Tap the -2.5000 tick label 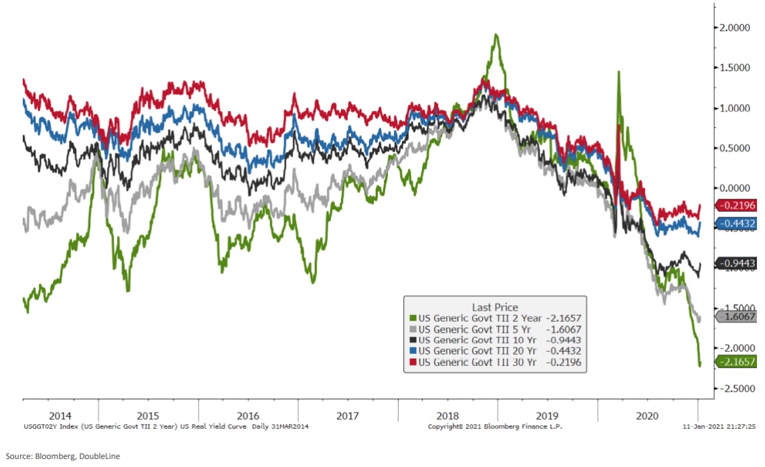click(x=736, y=389)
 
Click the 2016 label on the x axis click(x=248, y=415)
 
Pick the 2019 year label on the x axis click(x=548, y=415)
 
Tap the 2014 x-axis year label click(x=60, y=415)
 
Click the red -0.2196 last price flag click(x=736, y=206)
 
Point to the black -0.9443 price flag click(x=736, y=264)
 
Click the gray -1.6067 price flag click(x=736, y=317)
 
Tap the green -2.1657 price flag click(x=736, y=362)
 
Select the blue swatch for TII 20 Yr click(x=413, y=351)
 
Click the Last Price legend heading click(x=495, y=307)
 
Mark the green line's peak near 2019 click(x=496, y=35)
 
